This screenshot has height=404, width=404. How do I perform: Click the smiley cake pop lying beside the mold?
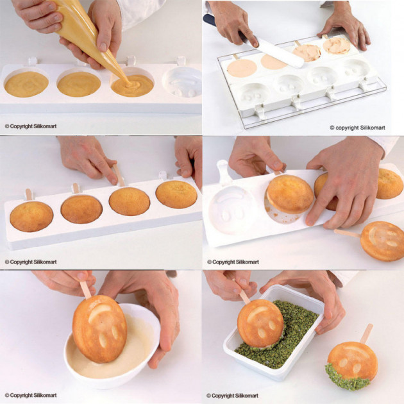pos(382,240)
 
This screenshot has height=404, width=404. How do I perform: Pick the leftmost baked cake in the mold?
pos(31,216)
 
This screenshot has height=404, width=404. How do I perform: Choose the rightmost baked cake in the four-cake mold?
pos(176,194)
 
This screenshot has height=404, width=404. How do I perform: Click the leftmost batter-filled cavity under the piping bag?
pos(26,84)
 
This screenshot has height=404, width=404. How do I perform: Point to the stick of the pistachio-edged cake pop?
pos(366,332)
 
